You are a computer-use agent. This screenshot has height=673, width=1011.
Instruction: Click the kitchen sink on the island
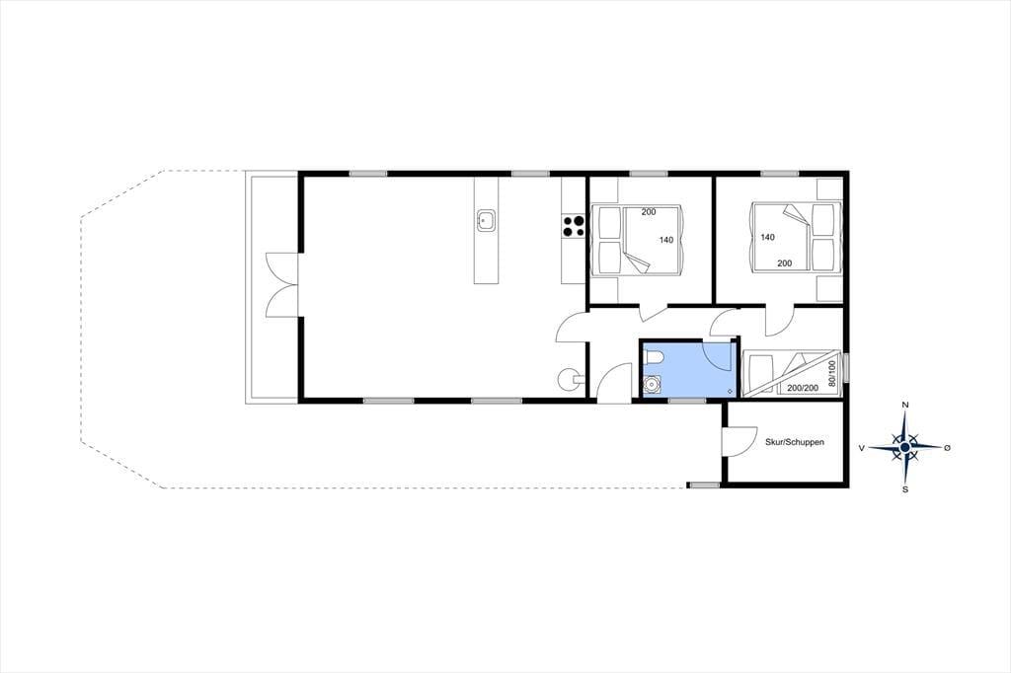[486, 220]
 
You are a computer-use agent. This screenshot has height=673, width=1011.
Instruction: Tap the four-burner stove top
[574, 226]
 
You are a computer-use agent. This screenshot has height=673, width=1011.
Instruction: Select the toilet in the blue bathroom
[654, 357]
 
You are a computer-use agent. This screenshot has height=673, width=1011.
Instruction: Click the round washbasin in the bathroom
[653, 386]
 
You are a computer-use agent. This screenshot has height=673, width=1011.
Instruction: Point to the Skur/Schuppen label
[795, 442]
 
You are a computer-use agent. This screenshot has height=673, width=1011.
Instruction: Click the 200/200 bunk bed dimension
[803, 388]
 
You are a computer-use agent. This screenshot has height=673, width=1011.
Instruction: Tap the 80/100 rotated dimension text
[831, 373]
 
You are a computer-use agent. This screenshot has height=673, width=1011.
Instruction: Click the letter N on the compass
[905, 405]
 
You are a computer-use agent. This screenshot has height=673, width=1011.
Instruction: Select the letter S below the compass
[905, 489]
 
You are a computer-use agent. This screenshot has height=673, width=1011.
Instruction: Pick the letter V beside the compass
[861, 447]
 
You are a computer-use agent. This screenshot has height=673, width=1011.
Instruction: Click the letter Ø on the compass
[947, 447]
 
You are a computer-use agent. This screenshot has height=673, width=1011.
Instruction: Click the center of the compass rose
[905, 447]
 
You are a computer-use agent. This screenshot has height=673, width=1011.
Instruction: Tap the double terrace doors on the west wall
[282, 285]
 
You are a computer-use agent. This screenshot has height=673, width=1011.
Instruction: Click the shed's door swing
[739, 441]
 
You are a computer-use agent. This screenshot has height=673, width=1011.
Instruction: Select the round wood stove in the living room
[570, 379]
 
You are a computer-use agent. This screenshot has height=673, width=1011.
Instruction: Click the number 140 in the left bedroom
[666, 240]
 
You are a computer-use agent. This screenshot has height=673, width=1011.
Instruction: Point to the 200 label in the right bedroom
[785, 263]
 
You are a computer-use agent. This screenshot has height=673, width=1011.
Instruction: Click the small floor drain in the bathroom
[730, 391]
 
